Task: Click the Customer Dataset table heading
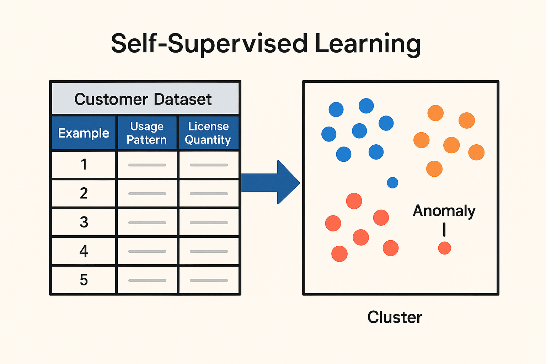(x=143, y=99)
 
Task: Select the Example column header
(x=84, y=133)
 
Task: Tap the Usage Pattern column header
(x=147, y=133)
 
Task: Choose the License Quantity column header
(x=208, y=133)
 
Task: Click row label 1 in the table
(x=84, y=164)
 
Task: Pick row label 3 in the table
(x=84, y=222)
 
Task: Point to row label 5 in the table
(x=84, y=280)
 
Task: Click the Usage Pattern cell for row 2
(x=147, y=194)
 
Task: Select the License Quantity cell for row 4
(x=209, y=251)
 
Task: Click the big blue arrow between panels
(x=271, y=182)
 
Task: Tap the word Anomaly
(x=444, y=211)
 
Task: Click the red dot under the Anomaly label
(x=445, y=248)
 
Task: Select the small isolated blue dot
(x=392, y=183)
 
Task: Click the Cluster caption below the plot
(x=395, y=317)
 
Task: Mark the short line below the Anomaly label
(x=444, y=230)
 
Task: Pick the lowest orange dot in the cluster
(x=434, y=169)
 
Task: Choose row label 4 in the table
(x=84, y=251)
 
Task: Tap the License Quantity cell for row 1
(x=209, y=165)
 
